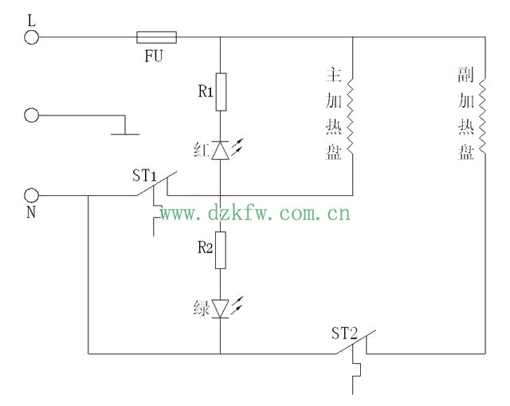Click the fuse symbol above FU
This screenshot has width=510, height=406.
157,37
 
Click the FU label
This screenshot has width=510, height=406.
155,57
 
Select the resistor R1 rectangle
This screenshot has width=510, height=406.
221,92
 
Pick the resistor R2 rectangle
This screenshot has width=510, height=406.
221,250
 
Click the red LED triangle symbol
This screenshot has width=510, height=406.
221,150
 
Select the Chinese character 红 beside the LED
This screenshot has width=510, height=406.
201,150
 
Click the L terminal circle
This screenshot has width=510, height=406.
32,37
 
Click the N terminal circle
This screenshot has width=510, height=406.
32,194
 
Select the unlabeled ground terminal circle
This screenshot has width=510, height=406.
32,115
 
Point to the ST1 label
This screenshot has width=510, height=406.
145,174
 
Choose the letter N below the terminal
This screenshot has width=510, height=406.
32,213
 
